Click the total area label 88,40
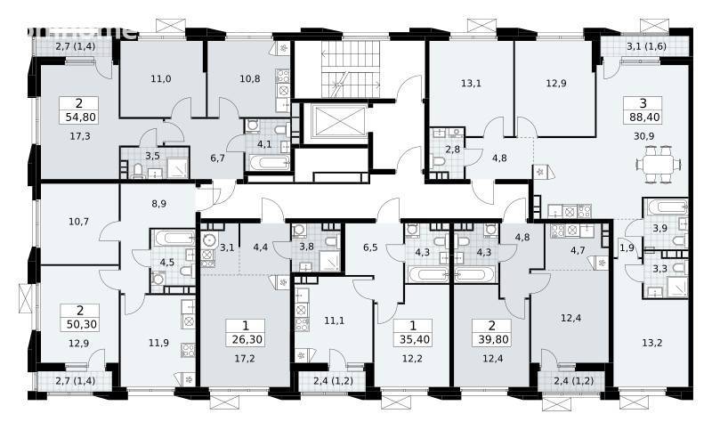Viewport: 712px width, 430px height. click(644, 118)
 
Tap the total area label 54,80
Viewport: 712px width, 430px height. click(81, 118)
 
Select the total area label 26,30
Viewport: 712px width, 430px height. click(247, 338)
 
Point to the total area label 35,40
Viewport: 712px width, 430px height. click(414, 338)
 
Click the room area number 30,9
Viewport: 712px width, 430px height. click(643, 135)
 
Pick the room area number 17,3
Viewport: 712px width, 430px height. click(80, 135)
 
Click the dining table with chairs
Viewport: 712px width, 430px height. click(658, 164)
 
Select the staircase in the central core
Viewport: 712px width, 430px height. click(351, 69)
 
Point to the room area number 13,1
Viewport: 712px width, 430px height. click(471, 84)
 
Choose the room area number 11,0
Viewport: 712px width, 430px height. click(161, 78)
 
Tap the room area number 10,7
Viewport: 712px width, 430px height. click(79, 222)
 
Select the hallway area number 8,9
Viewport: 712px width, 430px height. click(158, 204)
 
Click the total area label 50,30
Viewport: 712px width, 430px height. click(81, 324)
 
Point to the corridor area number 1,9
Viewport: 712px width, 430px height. click(627, 247)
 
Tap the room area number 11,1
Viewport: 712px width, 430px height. click(335, 320)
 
